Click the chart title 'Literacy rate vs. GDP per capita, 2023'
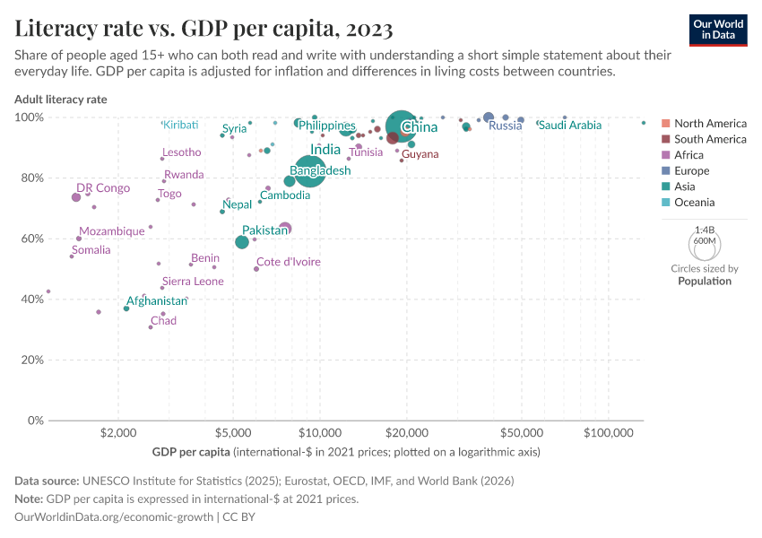click(203, 29)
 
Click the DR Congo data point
click(76, 197)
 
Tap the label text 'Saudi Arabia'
click(570, 126)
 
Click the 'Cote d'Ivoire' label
click(289, 262)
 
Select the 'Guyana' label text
click(420, 154)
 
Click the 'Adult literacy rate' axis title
click(61, 100)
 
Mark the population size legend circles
click(704, 243)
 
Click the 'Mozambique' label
click(112, 231)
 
